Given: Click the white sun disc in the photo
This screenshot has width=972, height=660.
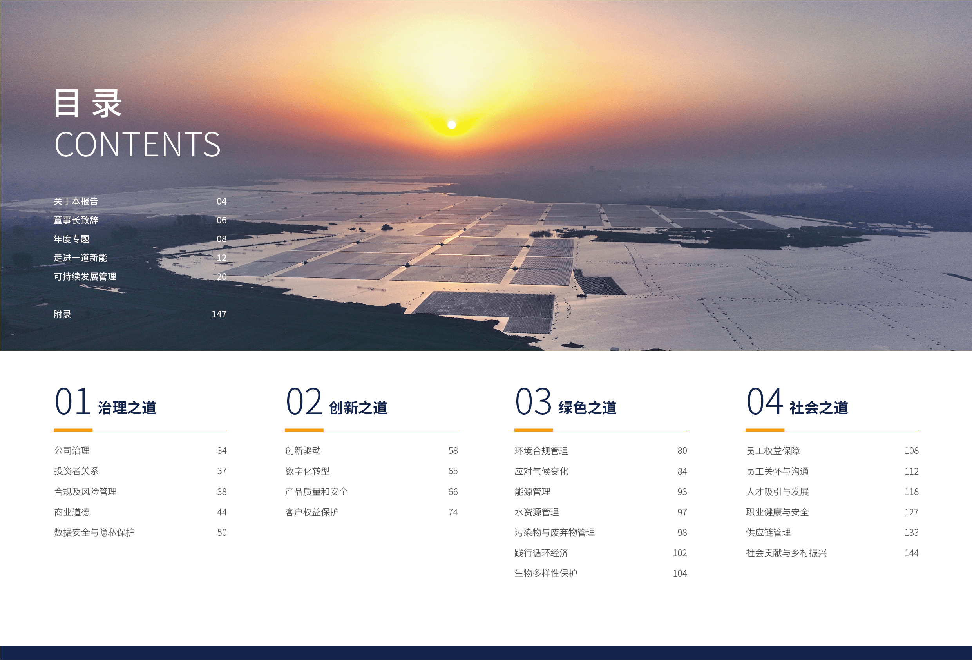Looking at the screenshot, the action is pos(452,125).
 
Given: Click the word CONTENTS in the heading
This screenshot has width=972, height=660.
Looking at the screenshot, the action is pos(137,144).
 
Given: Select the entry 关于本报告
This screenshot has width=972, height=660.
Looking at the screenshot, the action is pos(76,201).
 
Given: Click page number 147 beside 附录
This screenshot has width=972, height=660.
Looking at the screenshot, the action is pos(219,314).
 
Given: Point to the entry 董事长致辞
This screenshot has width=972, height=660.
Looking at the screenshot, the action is pos(76,220).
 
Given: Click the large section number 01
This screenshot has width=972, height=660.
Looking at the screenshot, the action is pos(73,401).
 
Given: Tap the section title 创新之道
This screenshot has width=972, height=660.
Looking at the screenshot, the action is pos(358,408).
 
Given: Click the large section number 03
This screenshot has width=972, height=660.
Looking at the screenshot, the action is pos(533,401).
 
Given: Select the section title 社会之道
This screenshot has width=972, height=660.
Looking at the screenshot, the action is pos(818,408).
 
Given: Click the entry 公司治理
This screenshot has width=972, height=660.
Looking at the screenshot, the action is pos(72,451).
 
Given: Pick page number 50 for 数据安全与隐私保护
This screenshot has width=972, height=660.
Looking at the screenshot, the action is pos(222,532).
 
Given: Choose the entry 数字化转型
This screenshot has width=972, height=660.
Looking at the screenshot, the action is pos(308,471).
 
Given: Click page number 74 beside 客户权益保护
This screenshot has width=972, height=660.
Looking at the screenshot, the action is pos(453,512).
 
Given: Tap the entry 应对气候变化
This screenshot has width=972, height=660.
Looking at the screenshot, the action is pos(541,471).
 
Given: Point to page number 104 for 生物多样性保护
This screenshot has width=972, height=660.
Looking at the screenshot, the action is pos(680,573).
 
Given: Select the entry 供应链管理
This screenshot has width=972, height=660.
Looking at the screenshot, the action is pos(768,532).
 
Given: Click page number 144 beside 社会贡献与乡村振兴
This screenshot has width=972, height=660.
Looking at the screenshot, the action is pos(911,553).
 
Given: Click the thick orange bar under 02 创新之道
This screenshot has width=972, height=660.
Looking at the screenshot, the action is pos(304,430).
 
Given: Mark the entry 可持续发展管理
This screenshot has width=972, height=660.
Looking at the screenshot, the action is pos(85,277).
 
